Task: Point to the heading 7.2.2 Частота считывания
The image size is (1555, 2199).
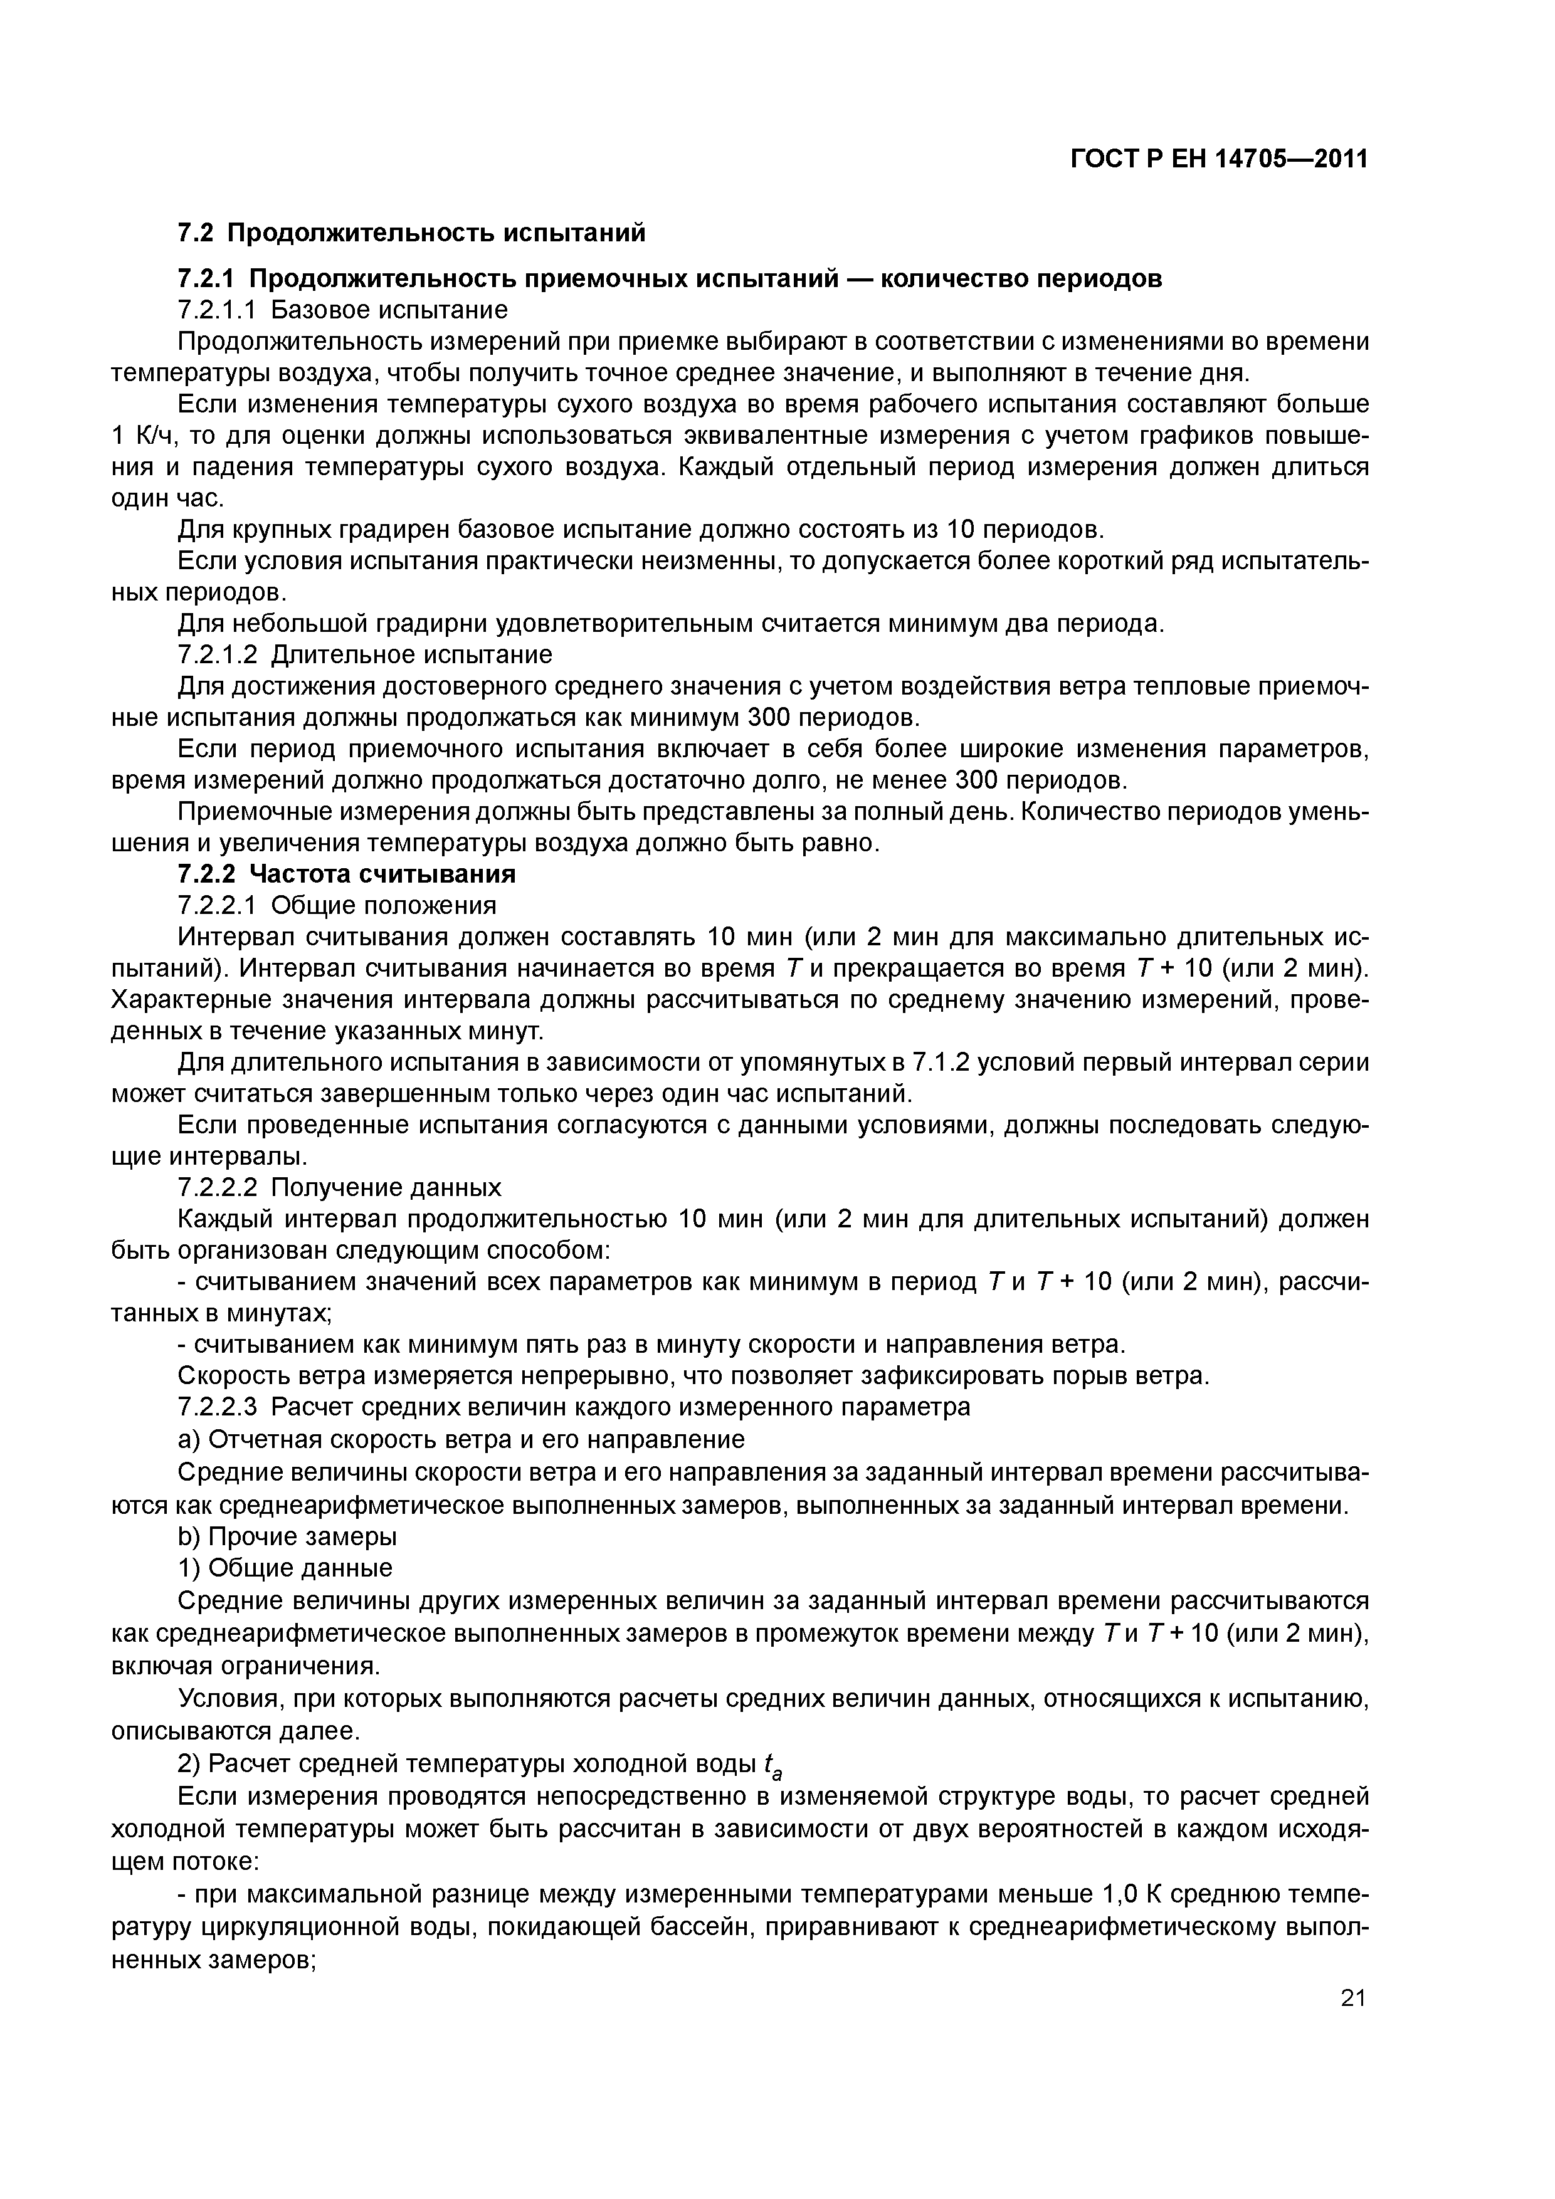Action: coord(347,873)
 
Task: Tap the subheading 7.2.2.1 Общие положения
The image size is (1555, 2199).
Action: coord(337,905)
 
